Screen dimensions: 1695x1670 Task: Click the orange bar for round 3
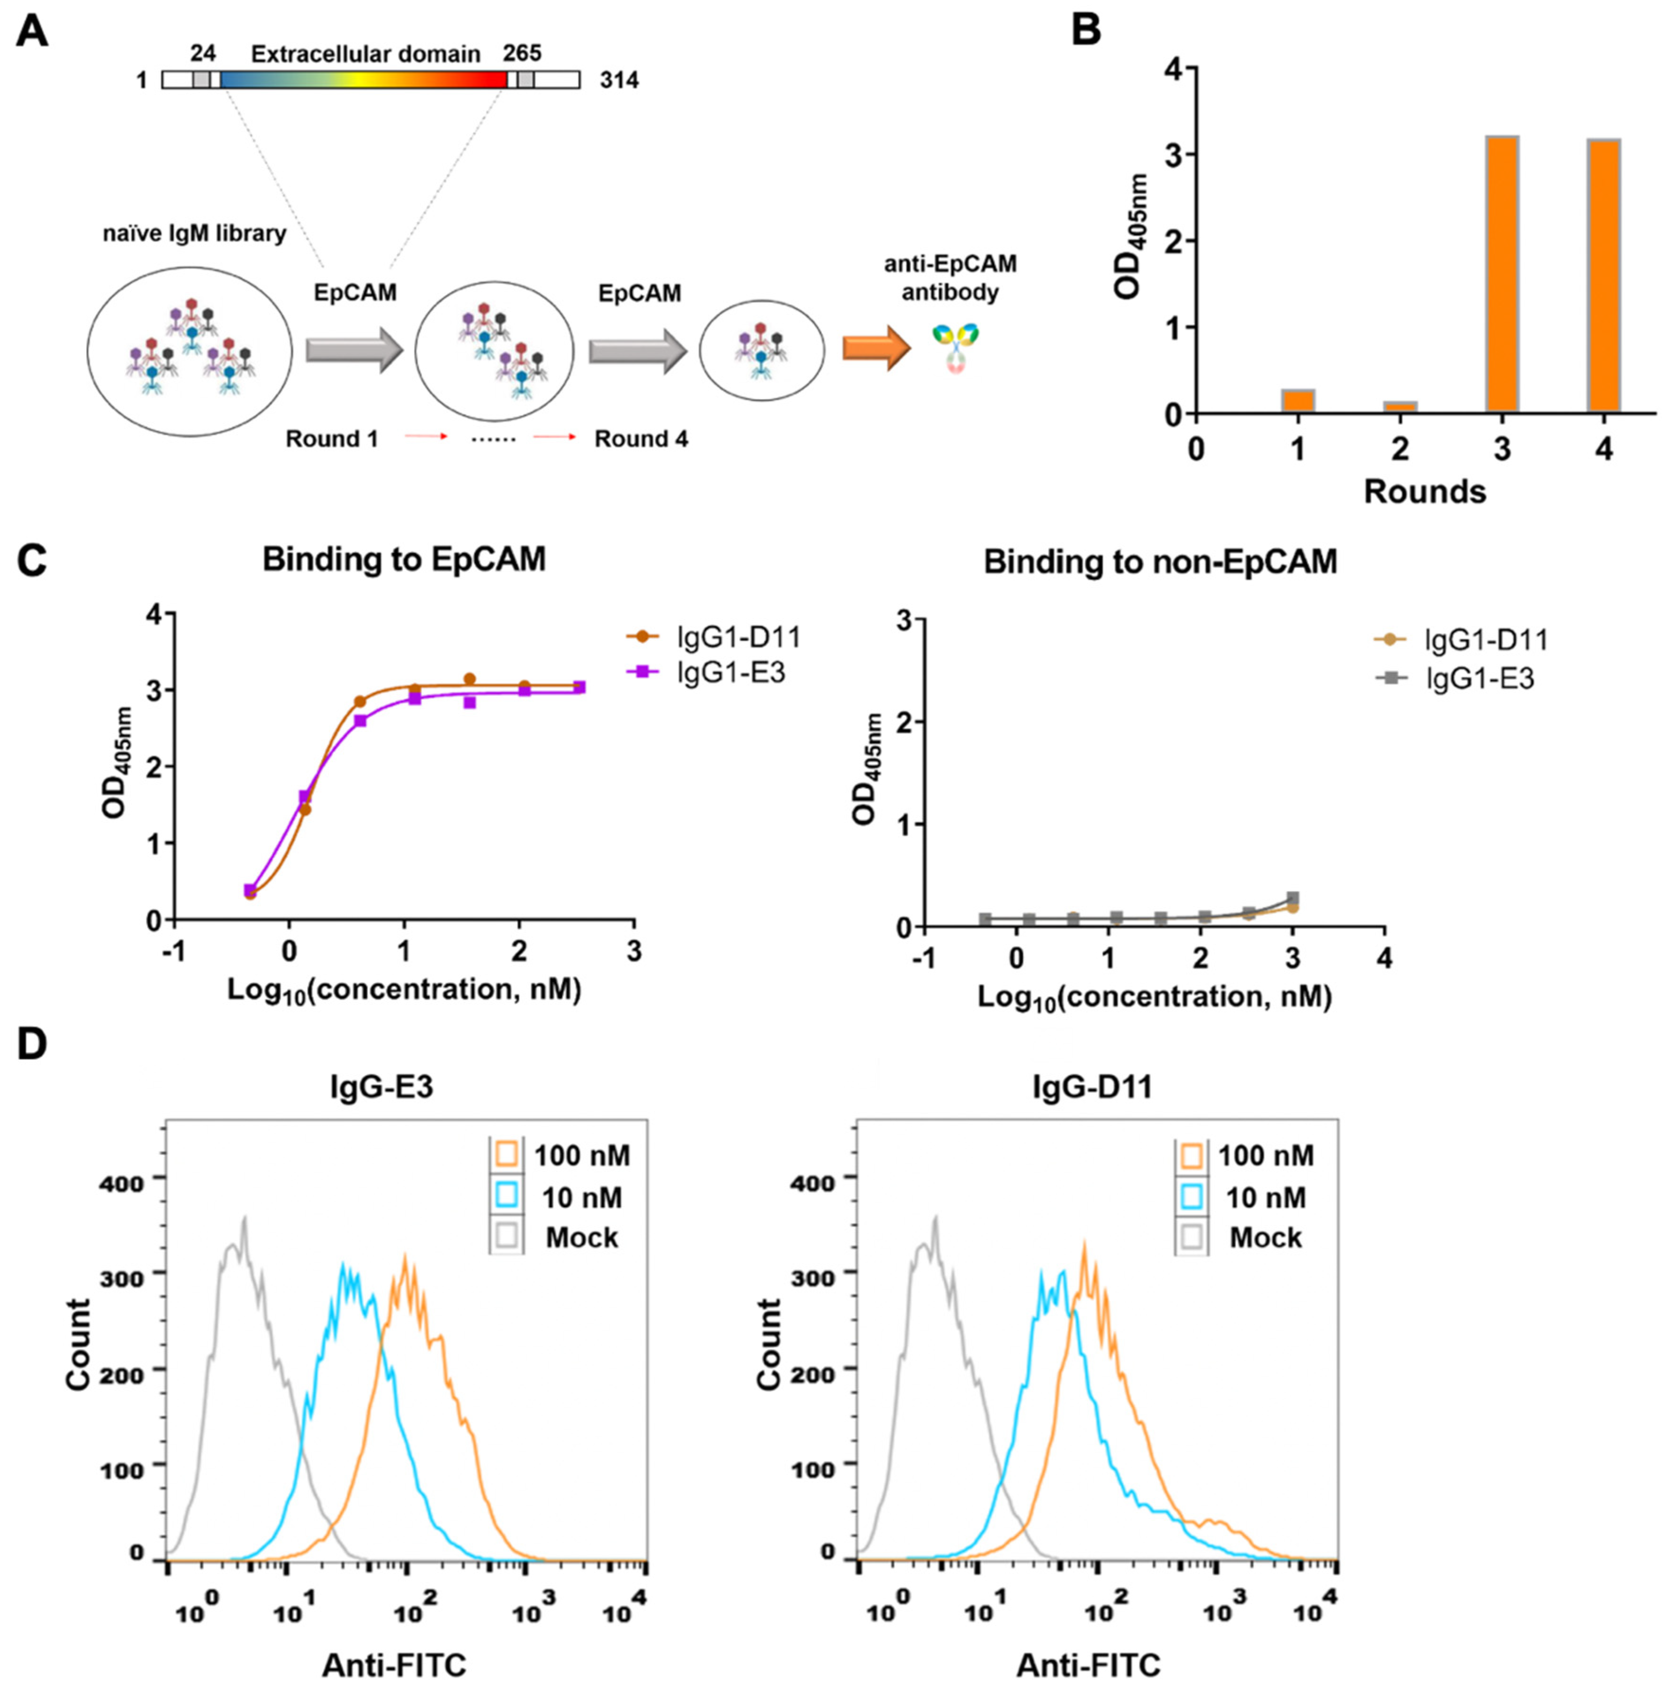tap(1502, 274)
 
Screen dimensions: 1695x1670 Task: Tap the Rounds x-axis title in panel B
tap(1425, 492)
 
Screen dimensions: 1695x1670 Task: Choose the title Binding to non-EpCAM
tap(1160, 561)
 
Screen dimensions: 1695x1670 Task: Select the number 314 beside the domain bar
tap(619, 81)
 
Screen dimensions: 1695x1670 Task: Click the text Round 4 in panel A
tap(641, 439)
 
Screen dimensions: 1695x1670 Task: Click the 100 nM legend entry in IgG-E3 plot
tap(561, 1156)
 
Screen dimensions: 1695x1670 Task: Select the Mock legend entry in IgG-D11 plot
tap(1246, 1237)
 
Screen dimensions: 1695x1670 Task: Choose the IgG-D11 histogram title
tap(1091, 1087)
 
